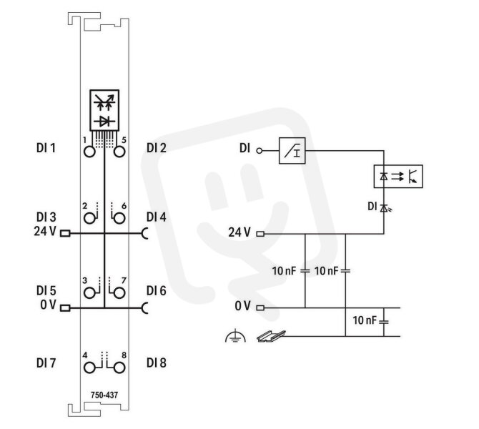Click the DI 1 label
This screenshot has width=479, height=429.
[x=46, y=148]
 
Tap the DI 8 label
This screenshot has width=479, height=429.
[x=157, y=363]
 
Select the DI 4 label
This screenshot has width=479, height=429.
[x=157, y=217]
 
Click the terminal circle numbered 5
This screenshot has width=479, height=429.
[x=119, y=152]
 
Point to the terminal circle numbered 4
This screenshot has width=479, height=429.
[x=89, y=368]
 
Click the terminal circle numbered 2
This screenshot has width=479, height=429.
[x=89, y=219]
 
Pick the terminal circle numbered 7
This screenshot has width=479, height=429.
[x=119, y=293]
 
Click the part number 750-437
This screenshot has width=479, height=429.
[x=104, y=395]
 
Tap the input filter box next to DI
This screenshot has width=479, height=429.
[x=292, y=151]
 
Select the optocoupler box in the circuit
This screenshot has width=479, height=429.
[x=398, y=177]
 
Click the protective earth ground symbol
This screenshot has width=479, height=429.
[x=235, y=336]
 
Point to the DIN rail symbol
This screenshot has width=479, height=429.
[x=271, y=337]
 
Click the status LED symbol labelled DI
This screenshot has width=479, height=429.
[x=385, y=208]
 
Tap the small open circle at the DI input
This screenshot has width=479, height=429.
[x=260, y=151]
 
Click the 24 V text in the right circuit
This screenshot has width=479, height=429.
[x=239, y=232]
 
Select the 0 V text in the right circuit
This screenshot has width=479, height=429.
[x=242, y=306]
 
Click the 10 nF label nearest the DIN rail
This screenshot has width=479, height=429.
[x=365, y=320]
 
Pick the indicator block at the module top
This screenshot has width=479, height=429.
[x=104, y=110]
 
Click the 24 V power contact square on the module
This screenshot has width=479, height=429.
[x=65, y=233]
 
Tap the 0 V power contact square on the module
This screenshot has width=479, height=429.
[x=65, y=308]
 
